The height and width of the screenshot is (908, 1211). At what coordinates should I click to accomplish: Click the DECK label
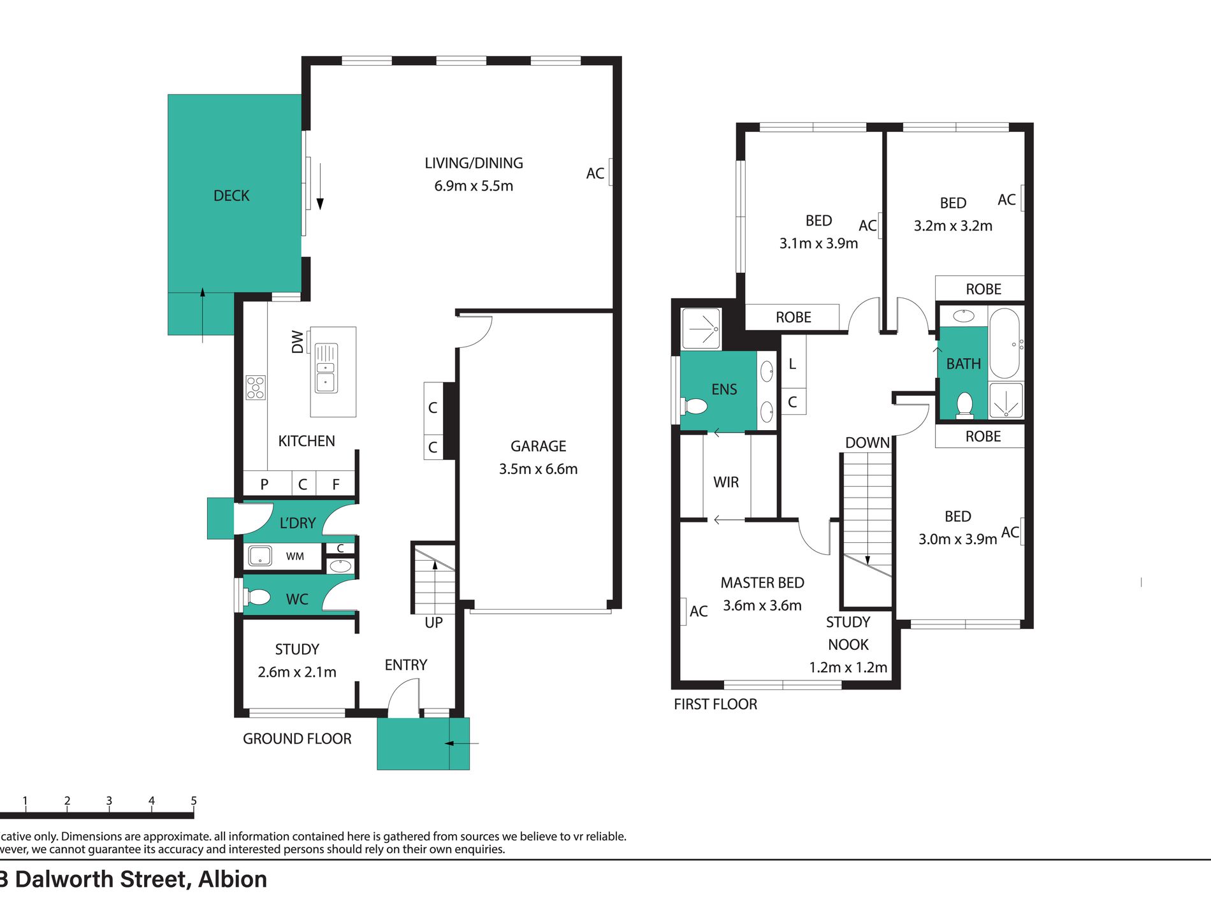tap(231, 196)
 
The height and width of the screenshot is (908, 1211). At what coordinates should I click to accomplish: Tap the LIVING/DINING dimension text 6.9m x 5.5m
tap(474, 186)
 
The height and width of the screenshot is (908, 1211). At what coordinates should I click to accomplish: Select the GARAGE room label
tap(538, 446)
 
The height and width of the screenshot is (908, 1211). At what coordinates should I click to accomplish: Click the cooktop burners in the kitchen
tap(256, 387)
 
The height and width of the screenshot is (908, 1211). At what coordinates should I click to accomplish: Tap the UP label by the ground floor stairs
tap(433, 623)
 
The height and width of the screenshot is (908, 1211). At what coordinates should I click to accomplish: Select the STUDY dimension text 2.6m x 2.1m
tap(297, 672)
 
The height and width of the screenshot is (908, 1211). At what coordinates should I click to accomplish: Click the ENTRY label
tap(405, 665)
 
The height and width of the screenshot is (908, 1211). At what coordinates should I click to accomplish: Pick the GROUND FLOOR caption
tap(297, 739)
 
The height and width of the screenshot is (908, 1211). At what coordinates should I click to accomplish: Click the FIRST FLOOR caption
tap(715, 704)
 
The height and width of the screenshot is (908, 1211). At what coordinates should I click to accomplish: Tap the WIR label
tap(726, 482)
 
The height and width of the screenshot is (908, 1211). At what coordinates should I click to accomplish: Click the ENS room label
tap(724, 389)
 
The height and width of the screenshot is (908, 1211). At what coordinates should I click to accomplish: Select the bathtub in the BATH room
tap(1005, 343)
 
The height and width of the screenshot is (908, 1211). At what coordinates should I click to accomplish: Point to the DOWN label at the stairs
tap(867, 442)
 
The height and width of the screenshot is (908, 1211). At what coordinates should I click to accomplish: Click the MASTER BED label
tap(762, 582)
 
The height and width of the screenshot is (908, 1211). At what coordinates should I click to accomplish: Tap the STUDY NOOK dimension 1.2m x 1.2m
tap(848, 667)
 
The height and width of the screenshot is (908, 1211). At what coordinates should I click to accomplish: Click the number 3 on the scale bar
tap(109, 801)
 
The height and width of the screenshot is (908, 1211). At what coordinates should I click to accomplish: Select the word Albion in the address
tap(233, 879)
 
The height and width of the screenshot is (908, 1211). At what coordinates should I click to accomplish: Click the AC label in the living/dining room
tap(595, 173)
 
